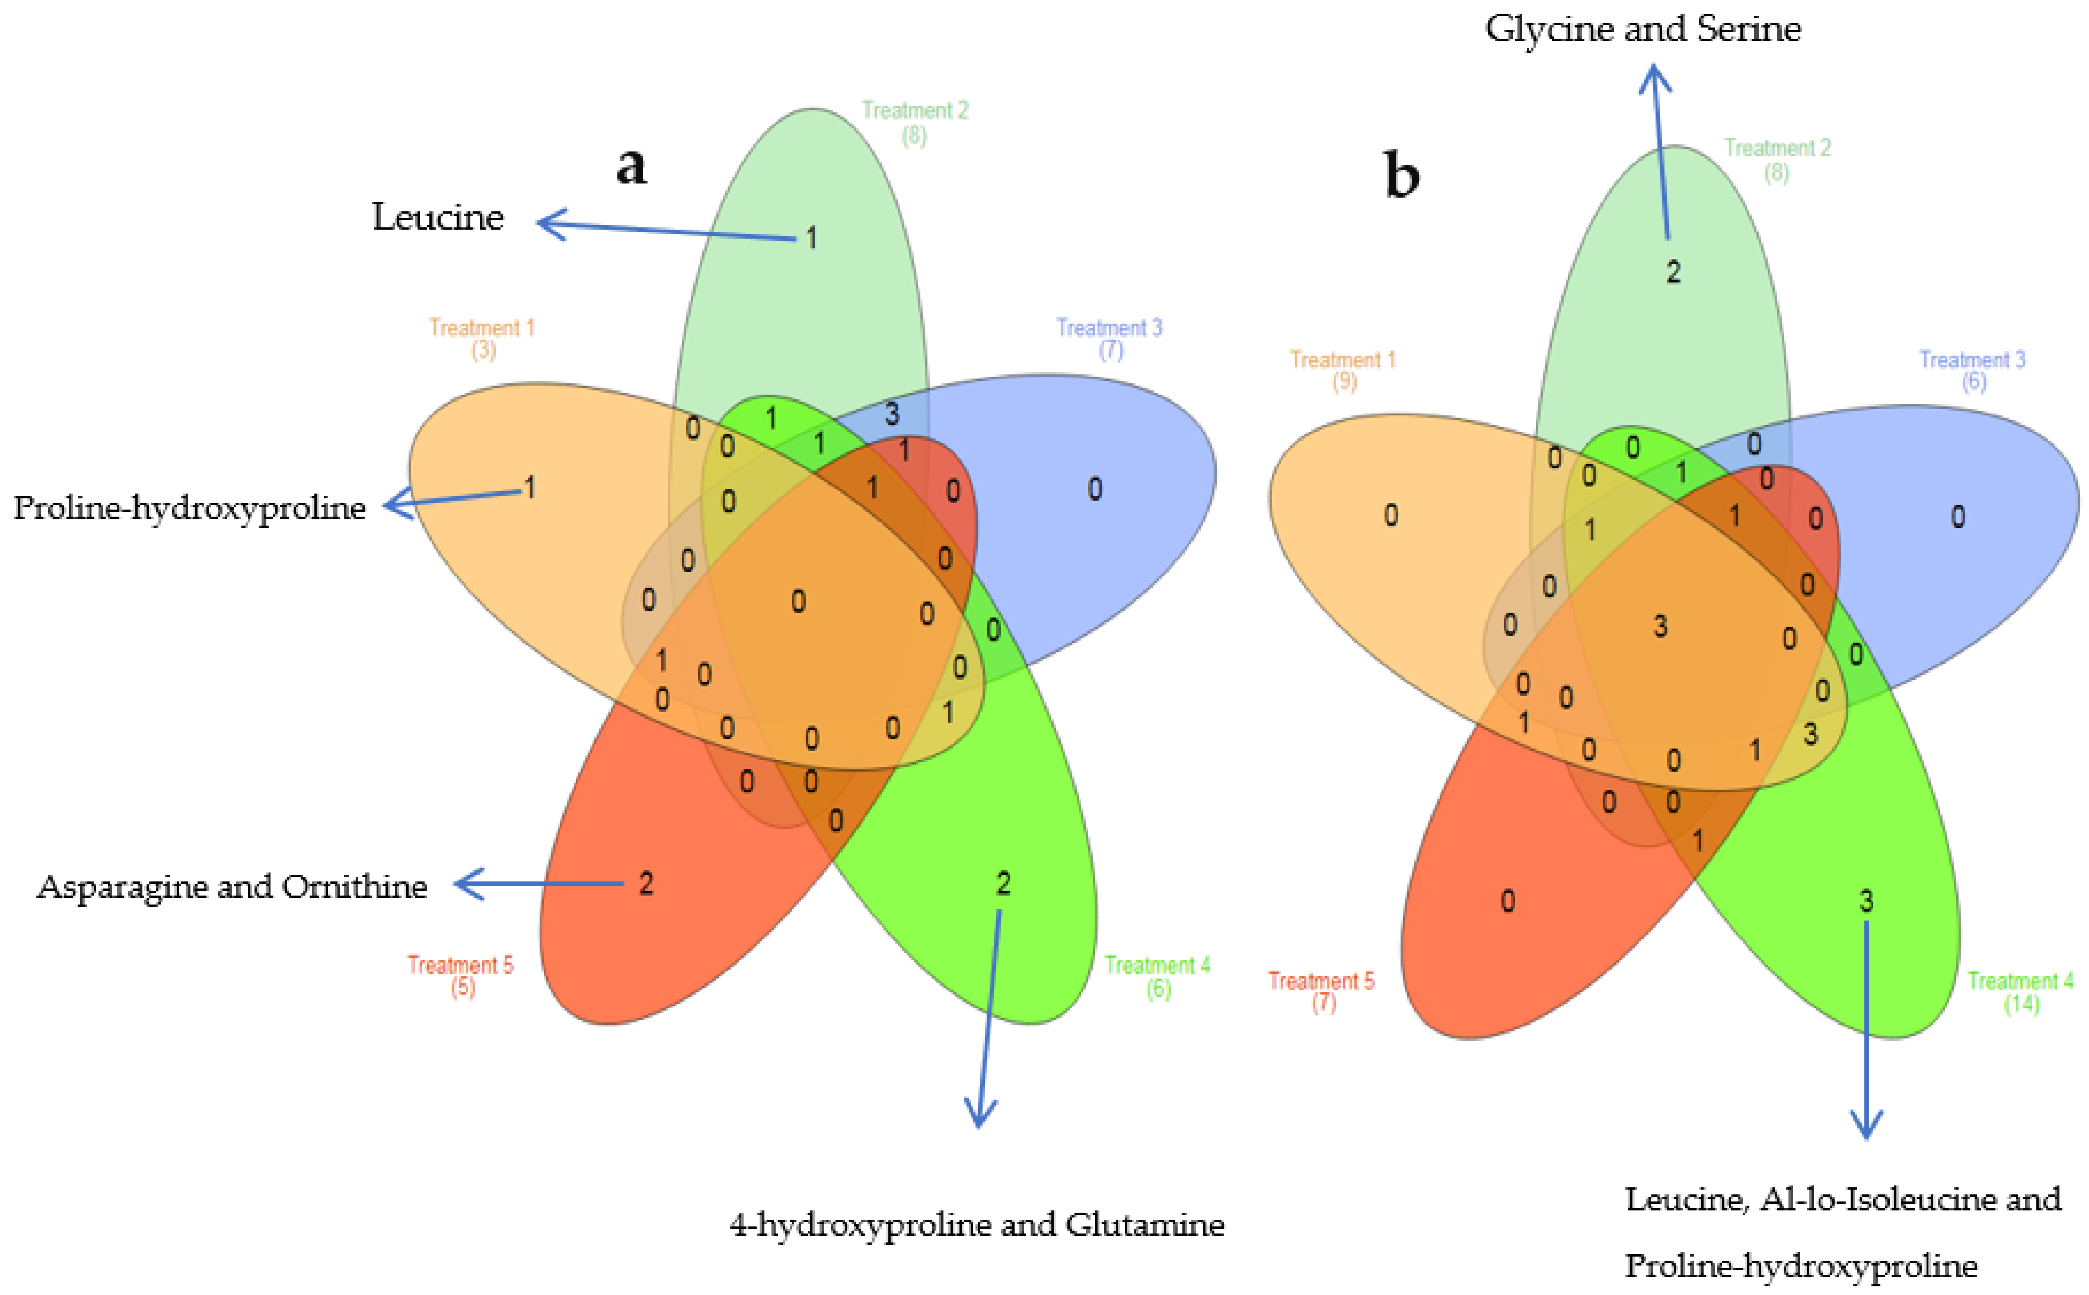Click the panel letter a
pyautogui.click(x=631, y=165)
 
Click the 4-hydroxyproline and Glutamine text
pyautogui.click(x=976, y=1225)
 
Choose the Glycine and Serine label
pyautogui.click(x=1643, y=29)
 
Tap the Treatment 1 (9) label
pyautogui.click(x=1343, y=370)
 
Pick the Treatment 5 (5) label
pyautogui.click(x=461, y=975)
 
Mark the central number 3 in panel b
pyautogui.click(x=1660, y=626)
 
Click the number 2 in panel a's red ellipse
pyautogui.click(x=646, y=883)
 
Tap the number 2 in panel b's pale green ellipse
pyautogui.click(x=1673, y=271)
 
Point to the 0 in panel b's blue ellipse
pyautogui.click(x=1958, y=517)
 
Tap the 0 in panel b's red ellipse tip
pyautogui.click(x=1508, y=900)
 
